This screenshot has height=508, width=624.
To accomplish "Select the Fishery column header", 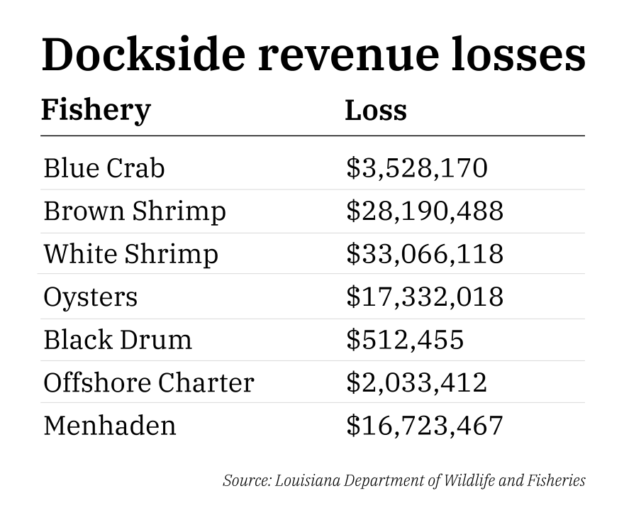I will click(96, 110).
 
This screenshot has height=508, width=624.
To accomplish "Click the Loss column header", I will click(376, 110).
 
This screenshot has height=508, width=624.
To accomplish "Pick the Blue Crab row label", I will click(104, 168).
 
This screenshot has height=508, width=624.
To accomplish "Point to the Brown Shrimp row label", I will click(135, 211).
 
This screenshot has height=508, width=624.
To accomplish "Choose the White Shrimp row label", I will click(131, 253).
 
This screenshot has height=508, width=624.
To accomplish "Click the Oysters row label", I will click(91, 297).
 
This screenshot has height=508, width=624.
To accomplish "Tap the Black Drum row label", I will click(118, 339).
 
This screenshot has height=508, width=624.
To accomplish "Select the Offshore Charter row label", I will click(149, 382).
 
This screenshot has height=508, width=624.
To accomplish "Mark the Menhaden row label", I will click(110, 425).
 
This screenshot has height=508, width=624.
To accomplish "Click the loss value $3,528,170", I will click(417, 168).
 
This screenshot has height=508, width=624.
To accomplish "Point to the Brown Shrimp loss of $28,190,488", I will click(425, 211).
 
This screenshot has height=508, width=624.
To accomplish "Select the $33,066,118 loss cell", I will click(425, 253).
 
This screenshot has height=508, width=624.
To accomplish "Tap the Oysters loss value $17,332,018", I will click(425, 297).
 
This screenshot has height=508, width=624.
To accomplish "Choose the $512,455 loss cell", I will click(405, 339).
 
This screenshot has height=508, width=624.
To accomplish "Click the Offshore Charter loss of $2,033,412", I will click(417, 382).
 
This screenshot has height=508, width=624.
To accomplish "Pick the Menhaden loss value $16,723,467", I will click(425, 425).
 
